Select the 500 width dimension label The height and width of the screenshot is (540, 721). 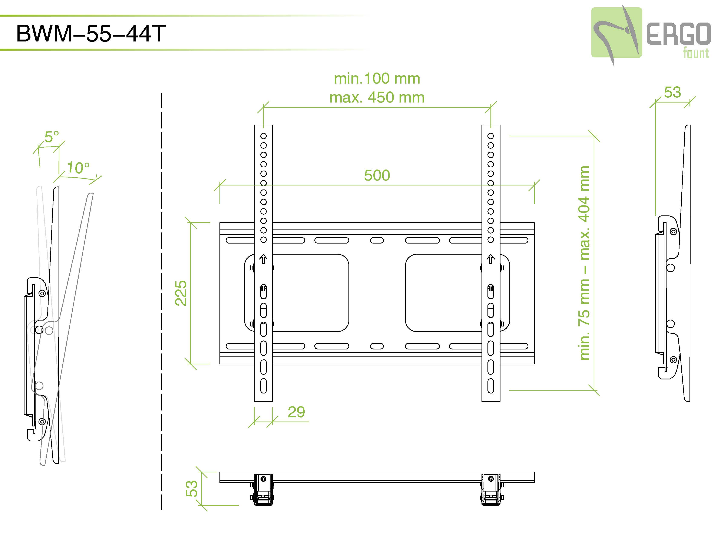click(377, 175)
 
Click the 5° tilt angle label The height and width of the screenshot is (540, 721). click(52, 137)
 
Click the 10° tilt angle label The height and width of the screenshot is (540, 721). click(78, 168)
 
